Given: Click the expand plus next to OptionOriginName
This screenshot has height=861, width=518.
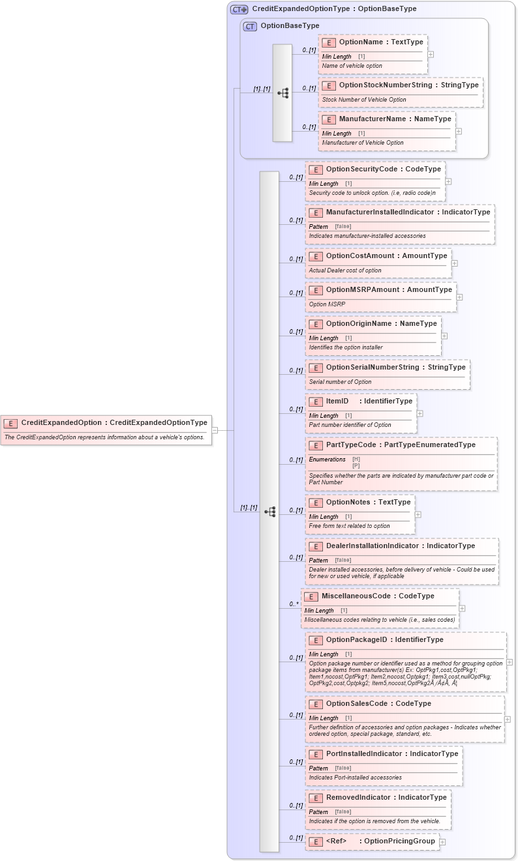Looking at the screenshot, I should point(445,336).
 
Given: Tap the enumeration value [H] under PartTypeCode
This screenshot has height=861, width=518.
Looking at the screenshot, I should point(356,459).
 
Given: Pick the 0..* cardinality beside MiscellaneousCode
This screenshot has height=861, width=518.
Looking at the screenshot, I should point(294,604).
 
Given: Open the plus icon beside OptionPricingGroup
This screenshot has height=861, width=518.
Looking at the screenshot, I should point(442,841).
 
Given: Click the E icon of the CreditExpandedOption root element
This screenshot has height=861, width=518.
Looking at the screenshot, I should point(10,423).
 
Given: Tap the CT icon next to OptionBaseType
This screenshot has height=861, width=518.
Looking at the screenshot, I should point(250,26).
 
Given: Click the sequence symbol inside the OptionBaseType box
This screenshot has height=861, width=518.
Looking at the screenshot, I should point(282,93).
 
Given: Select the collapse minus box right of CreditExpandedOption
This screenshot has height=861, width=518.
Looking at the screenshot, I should point(215,430).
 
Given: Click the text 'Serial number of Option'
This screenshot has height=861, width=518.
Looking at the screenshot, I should point(340,382).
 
